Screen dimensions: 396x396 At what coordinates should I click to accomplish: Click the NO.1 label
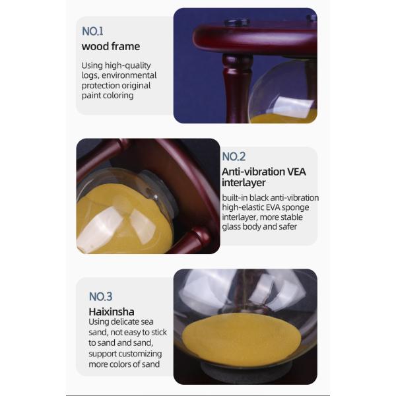pyautogui.click(x=92, y=31)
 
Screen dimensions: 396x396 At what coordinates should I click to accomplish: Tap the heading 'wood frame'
pyautogui.click(x=111, y=46)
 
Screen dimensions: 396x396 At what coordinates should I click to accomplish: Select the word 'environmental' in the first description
pyautogui.click(x=129, y=75)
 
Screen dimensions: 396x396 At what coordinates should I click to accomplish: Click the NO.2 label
pyautogui.click(x=234, y=156)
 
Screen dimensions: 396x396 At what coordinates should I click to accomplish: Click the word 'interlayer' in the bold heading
pyautogui.click(x=244, y=183)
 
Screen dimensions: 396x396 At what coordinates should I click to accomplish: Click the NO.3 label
pyautogui.click(x=100, y=296)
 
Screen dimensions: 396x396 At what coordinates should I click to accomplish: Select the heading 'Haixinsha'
pyautogui.click(x=112, y=312)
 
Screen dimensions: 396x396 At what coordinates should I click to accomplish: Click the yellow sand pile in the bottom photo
pyautogui.click(x=242, y=337)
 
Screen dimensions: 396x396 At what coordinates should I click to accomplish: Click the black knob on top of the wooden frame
pyautogui.click(x=237, y=22)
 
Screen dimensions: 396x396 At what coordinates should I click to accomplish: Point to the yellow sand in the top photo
pyautogui.click(x=283, y=117)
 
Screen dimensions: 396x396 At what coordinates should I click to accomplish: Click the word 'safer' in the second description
pyautogui.click(x=288, y=227)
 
